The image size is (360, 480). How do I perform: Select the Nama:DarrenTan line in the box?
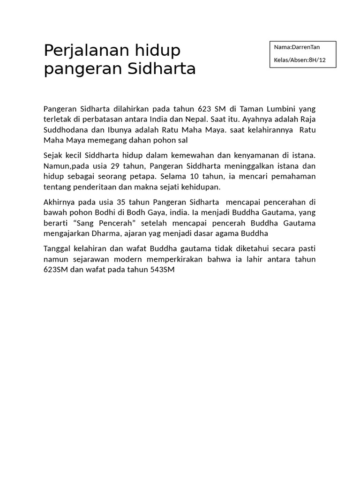[297, 47]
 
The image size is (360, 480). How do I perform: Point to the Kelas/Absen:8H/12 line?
[300, 60]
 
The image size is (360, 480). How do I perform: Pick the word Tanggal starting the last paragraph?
[59, 248]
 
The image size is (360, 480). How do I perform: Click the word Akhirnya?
[60, 202]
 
